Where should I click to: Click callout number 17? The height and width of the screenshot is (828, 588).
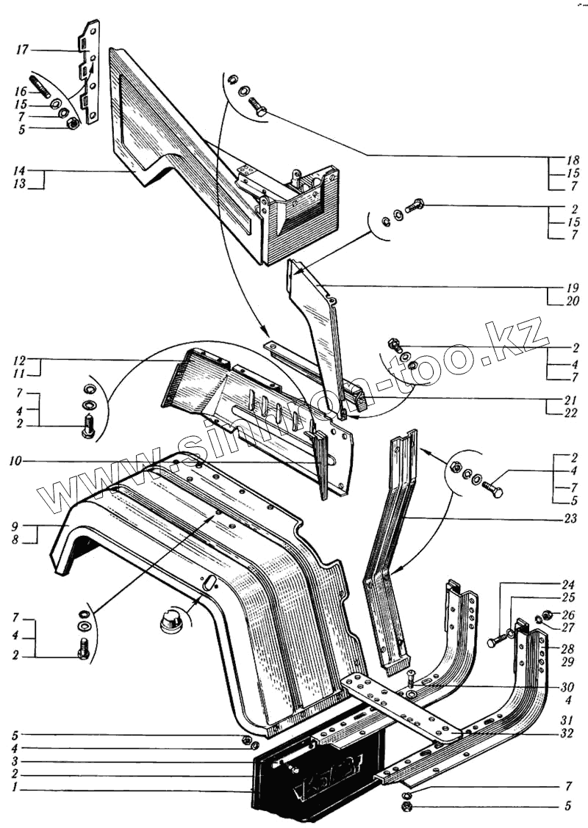click(21, 50)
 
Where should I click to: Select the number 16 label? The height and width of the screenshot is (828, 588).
click(20, 91)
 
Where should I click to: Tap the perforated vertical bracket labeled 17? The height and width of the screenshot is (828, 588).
click(91, 73)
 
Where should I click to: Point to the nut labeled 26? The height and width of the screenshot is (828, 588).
click(547, 614)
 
